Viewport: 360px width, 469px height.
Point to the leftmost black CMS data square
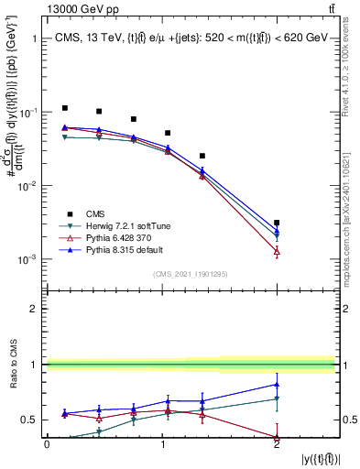pyautogui.click(x=64, y=108)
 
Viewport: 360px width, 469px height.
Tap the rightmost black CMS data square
pyautogui.click(x=277, y=223)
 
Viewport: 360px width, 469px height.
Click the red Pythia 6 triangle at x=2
pyautogui.click(x=277, y=251)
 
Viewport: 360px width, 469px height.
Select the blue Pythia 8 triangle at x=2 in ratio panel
pyautogui.click(x=277, y=384)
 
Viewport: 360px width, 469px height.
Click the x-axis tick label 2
pyautogui.click(x=277, y=443)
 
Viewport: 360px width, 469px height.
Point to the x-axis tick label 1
pyautogui.click(x=162, y=443)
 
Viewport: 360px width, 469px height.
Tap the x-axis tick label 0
pyautogui.click(x=48, y=443)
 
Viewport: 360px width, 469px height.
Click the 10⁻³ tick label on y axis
pyautogui.click(x=27, y=259)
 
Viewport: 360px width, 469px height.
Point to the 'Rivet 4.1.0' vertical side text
pyautogui.click(x=351, y=69)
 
